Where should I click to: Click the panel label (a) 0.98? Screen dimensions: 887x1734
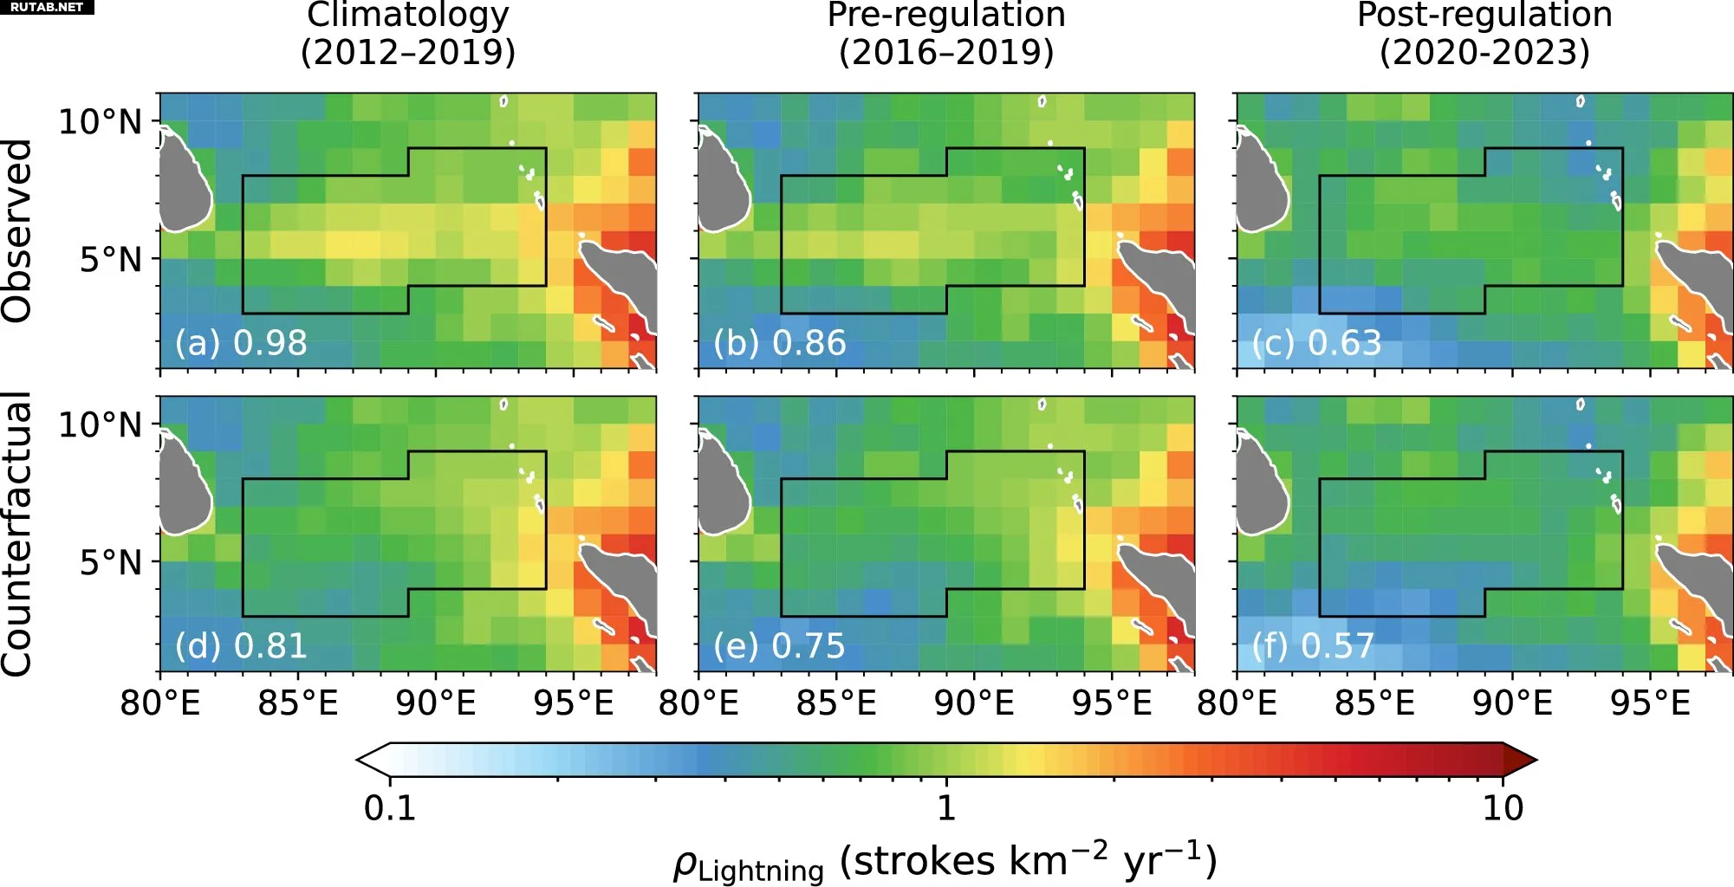coord(241,343)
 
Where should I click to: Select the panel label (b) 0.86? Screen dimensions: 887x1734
coord(779,343)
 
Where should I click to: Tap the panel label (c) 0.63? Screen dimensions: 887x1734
coord(1316,343)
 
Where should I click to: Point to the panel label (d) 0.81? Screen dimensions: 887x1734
coord(241,646)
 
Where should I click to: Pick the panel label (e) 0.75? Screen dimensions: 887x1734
coord(779,646)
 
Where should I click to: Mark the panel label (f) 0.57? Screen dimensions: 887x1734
coord(1313,646)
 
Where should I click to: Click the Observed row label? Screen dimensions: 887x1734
coord(17,231)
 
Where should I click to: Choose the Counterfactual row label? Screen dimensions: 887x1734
coord(17,534)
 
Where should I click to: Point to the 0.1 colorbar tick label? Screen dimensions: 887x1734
coord(390,808)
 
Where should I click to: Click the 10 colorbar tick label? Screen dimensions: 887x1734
coord(1502,808)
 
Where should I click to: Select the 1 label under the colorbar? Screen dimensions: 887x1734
coord(946,808)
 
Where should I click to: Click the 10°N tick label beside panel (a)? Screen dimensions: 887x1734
coord(100,121)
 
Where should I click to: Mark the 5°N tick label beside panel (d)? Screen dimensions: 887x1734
coord(110,562)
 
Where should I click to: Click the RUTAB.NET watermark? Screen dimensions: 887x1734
coord(47,7)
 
